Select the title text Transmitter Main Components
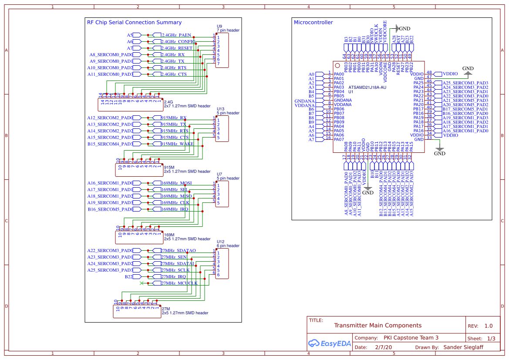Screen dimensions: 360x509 tap(378, 326)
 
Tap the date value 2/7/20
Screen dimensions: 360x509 tap(383, 348)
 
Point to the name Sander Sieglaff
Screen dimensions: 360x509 tap(463, 348)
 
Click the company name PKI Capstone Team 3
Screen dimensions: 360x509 tap(411, 338)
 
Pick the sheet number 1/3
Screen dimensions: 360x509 tap(491, 338)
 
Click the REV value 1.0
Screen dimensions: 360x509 tap(489, 326)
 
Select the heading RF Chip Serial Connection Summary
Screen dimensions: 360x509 tap(134, 23)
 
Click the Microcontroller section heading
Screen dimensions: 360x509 tap(313, 23)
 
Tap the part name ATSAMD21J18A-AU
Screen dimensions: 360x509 tap(367, 87)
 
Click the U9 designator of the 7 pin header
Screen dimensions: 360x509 tap(219, 26)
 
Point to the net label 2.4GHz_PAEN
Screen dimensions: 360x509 tap(176, 35)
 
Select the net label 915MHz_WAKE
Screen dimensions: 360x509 tap(177, 144)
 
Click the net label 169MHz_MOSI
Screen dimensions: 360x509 tap(176, 183)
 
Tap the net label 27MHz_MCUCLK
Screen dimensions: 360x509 tap(179, 283)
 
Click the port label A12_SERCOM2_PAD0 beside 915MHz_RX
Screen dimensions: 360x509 tap(110, 118)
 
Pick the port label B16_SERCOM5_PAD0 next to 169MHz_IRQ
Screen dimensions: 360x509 tap(110, 209)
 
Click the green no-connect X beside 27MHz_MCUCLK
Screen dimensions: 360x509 tap(142, 283)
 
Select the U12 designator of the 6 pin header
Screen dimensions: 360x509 tap(220, 242)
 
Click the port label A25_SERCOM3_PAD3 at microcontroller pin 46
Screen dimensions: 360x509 tap(465, 83)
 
